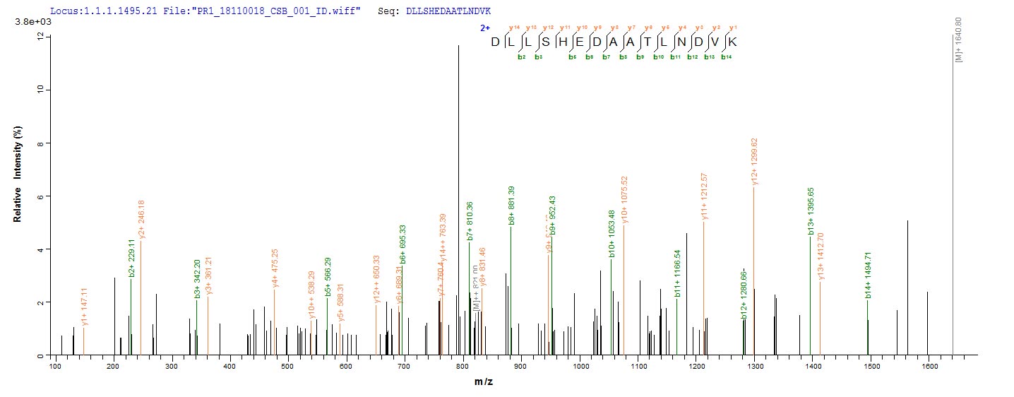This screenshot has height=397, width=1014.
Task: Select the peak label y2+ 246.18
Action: (141, 221)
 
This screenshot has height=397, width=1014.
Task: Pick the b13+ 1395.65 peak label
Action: (811, 216)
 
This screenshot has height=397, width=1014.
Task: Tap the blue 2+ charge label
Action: (484, 29)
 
